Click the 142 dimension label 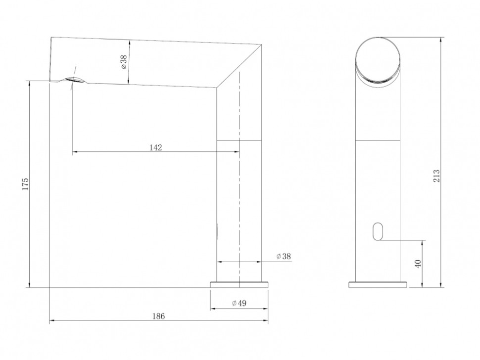coord(156,147)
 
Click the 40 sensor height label coord(419,264)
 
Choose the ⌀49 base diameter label coord(239,304)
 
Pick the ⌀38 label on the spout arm coord(123,61)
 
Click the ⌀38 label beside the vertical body coord(284,256)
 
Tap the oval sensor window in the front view coord(379,231)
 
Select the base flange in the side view coord(239,284)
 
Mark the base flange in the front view coord(378,284)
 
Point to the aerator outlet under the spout coord(73,81)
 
